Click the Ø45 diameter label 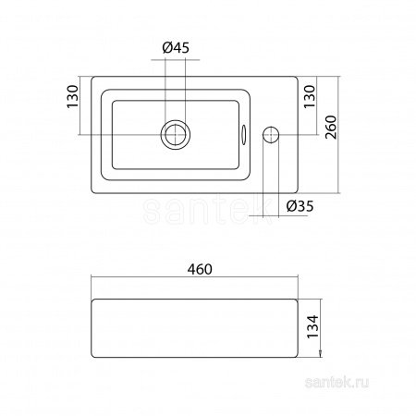click(x=176, y=48)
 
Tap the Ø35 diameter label click(x=300, y=206)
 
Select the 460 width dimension click(x=200, y=269)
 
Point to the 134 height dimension click(x=312, y=326)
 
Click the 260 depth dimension click(x=331, y=128)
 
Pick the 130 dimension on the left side click(x=73, y=96)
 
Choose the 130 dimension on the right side click(x=310, y=96)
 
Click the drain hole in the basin click(x=175, y=135)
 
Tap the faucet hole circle click(x=271, y=135)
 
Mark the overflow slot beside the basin click(x=243, y=135)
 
